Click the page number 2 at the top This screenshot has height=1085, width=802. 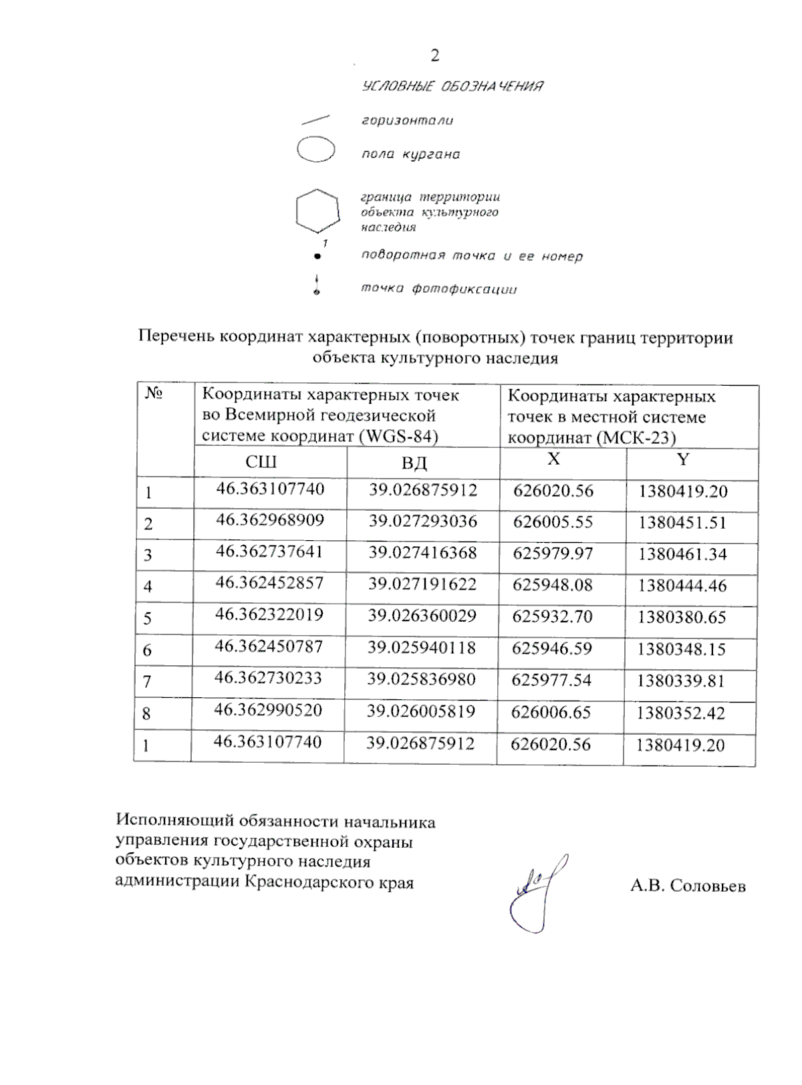tap(435, 55)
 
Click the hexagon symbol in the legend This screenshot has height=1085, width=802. tap(317, 211)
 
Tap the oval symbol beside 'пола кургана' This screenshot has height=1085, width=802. tap(315, 150)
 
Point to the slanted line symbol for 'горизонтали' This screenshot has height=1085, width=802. tap(315, 120)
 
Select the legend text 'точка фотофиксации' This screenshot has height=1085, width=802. tap(439, 289)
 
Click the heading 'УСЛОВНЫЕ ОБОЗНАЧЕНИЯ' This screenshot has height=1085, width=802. tap(452, 86)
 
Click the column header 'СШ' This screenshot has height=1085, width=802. tap(261, 462)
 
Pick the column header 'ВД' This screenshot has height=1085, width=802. tap(414, 463)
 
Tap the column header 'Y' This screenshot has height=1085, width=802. tap(682, 459)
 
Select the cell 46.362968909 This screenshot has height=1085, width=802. tap(270, 520)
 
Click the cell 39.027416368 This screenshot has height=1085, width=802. tap(422, 553)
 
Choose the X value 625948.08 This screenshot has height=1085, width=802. tap(552, 585)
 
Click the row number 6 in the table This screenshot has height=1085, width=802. tap(148, 650)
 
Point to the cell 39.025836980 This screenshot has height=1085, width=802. tap(421, 680)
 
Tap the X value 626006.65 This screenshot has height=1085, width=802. tap(551, 713)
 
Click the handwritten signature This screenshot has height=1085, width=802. tap(538, 892)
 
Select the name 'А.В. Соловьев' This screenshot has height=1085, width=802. tap(688, 886)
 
